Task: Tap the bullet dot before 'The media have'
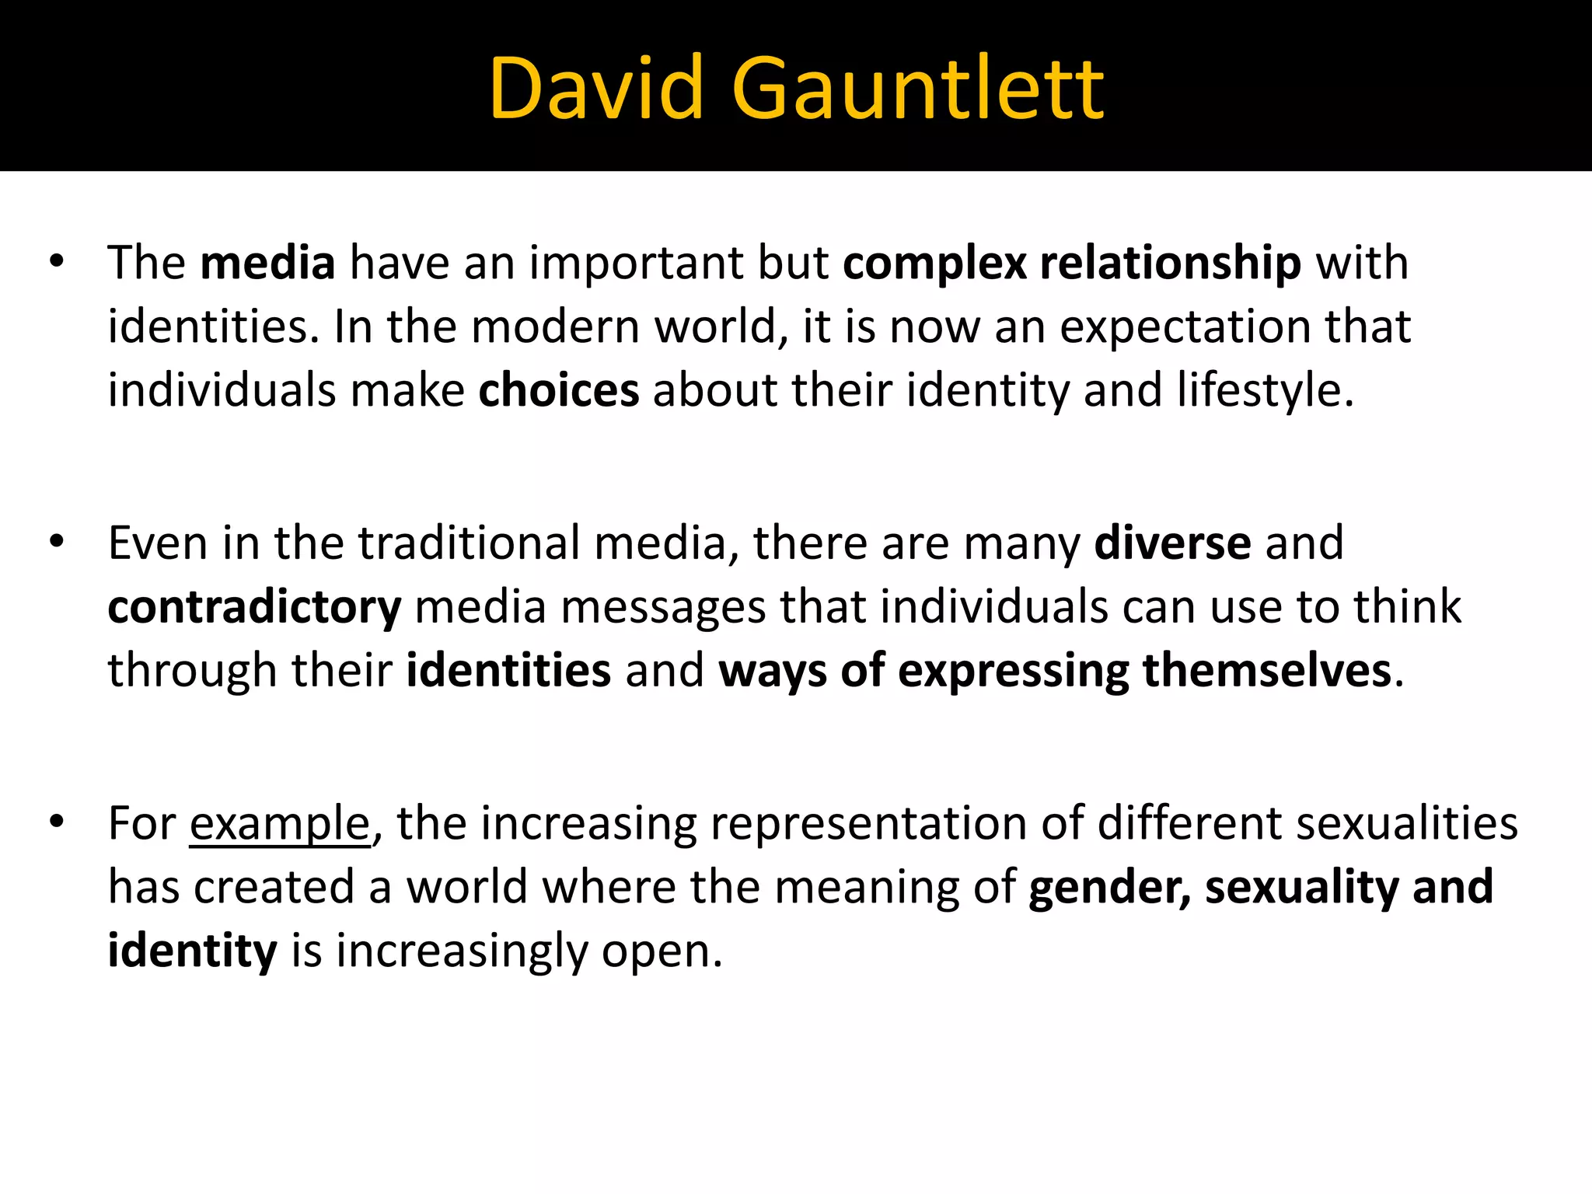click(x=56, y=262)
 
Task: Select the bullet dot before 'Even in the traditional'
click(x=56, y=542)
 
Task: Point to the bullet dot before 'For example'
click(x=56, y=822)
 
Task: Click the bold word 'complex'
click(x=935, y=264)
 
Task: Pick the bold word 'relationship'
click(x=1170, y=263)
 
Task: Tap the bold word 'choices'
click(x=558, y=390)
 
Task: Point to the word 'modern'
click(x=555, y=326)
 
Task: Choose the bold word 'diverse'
click(x=1172, y=543)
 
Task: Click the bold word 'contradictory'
click(x=254, y=608)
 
